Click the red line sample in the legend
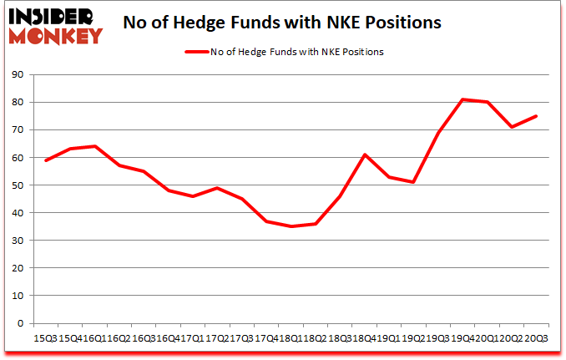tap(197, 52)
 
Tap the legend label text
tap(299, 52)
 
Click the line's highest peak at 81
tap(462, 99)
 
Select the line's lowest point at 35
tap(291, 226)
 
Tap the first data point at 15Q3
tap(46, 160)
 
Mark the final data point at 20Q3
tap(535, 116)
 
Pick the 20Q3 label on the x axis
tap(535, 337)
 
